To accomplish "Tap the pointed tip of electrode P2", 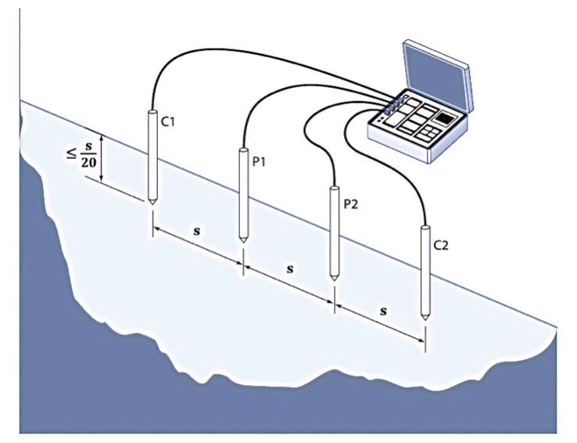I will pyautogui.click(x=334, y=279).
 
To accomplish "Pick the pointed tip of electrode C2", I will pyautogui.click(x=425, y=318).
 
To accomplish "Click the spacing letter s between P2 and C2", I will pyautogui.click(x=383, y=310).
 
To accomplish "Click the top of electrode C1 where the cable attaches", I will pyautogui.click(x=150, y=112).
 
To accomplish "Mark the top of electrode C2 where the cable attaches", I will pyautogui.click(x=425, y=228).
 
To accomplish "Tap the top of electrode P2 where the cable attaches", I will pyautogui.click(x=334, y=188).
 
